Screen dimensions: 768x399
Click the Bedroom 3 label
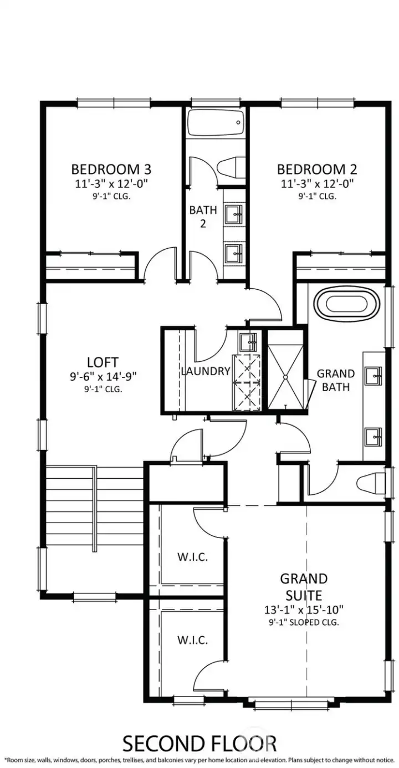(111, 168)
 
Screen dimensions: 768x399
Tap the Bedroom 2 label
(317, 168)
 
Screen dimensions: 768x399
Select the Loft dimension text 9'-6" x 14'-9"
(103, 376)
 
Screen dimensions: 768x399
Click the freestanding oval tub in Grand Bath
(347, 304)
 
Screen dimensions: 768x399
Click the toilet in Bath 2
(232, 167)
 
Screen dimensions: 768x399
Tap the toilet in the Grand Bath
(370, 483)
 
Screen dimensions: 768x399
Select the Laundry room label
(205, 371)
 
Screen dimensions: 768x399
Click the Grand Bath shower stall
(286, 370)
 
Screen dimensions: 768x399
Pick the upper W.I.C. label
(192, 557)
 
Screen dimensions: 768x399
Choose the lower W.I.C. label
(192, 640)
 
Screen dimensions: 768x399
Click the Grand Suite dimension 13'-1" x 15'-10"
(303, 610)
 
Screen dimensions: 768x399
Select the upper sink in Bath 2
(234, 213)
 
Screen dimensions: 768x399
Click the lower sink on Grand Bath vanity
(374, 437)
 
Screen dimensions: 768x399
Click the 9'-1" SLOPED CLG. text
(303, 622)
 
